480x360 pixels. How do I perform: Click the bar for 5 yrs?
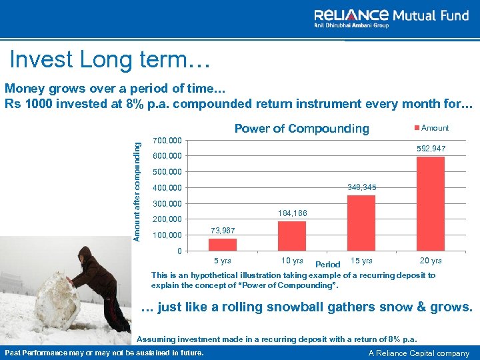click(223, 244)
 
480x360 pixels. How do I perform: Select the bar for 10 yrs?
click(292, 235)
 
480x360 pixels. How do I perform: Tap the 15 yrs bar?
click(361, 223)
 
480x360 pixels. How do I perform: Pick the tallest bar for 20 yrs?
click(430, 203)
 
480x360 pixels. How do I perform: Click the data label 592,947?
click(431, 148)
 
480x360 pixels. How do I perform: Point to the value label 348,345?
click(362, 188)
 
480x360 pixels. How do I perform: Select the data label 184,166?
click(292, 213)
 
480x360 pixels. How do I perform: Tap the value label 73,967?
click(223, 230)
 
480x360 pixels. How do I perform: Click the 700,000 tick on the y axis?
click(167, 140)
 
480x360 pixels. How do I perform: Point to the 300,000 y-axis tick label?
click(167, 203)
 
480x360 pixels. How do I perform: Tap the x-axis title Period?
click(327, 265)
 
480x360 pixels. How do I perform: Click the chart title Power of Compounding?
click(301, 129)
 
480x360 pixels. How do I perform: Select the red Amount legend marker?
click(418, 128)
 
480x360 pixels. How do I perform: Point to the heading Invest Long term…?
click(110, 59)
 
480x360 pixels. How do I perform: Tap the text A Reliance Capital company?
click(418, 353)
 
